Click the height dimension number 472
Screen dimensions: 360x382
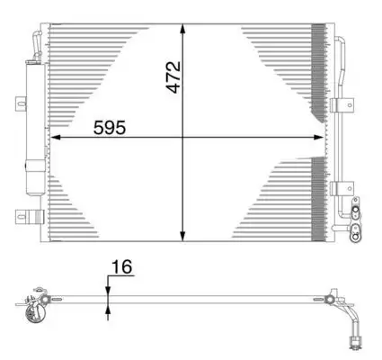[x=176, y=77]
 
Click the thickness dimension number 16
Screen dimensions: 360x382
[x=121, y=267]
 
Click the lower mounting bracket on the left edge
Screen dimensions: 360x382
[x=24, y=216]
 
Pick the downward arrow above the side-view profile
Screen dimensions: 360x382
[x=108, y=286]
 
